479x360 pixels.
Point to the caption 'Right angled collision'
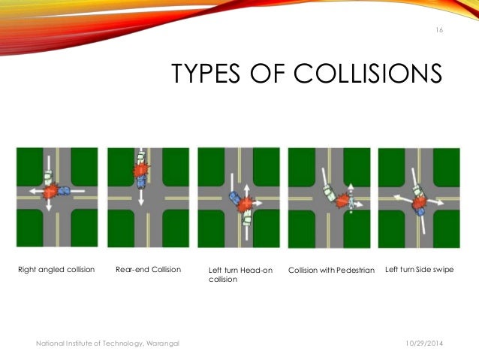(56, 268)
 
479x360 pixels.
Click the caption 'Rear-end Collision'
(148, 268)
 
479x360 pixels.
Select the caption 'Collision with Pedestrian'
(331, 269)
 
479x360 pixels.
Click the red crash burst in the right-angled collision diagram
(50, 192)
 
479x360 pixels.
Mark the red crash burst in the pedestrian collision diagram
(343, 200)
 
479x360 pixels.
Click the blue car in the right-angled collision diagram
(62, 191)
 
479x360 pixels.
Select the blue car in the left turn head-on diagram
(235, 199)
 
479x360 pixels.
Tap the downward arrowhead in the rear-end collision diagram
(140, 203)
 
